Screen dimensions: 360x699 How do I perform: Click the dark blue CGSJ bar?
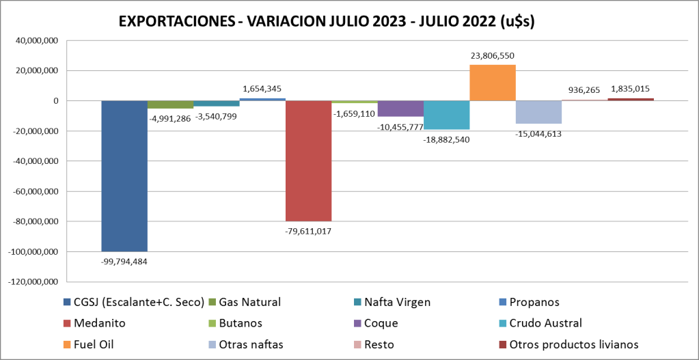click(124, 176)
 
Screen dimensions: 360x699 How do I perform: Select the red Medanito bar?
click(308, 161)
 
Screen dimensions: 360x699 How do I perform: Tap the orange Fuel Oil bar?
click(492, 83)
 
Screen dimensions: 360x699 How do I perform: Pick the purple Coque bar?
click(400, 109)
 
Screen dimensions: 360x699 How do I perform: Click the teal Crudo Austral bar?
click(446, 115)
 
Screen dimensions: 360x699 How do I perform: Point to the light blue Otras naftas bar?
click(538, 112)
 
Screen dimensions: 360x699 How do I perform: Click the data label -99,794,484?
click(124, 260)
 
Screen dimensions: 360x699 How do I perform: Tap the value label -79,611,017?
click(308, 230)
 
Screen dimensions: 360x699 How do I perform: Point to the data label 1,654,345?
click(262, 89)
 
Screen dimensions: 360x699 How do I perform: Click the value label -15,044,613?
click(538, 134)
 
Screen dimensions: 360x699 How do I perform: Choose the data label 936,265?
click(584, 89)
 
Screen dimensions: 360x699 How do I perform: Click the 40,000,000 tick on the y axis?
click(37, 41)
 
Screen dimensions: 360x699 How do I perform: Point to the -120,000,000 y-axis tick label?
click(33, 281)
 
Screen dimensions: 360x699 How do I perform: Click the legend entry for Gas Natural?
click(249, 302)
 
